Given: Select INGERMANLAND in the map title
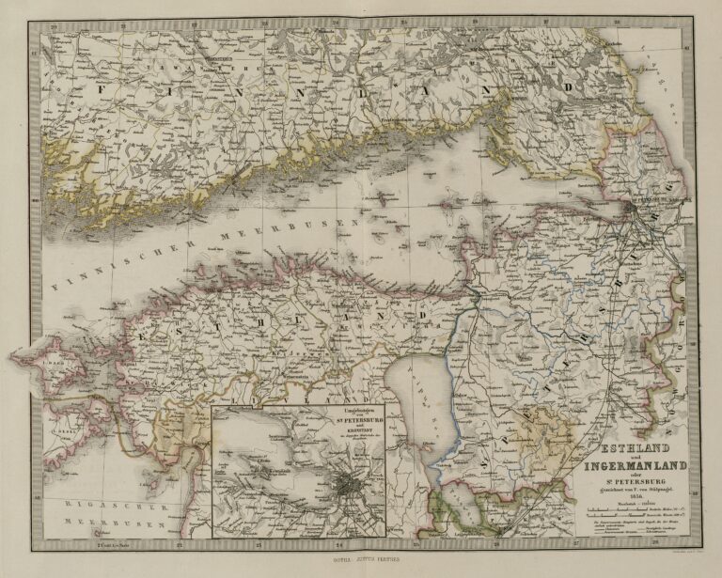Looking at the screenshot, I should coord(628,463).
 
